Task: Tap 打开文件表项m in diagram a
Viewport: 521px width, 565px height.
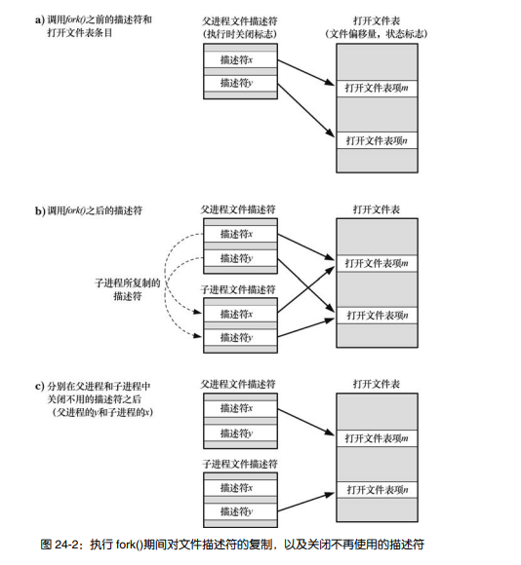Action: tap(376, 88)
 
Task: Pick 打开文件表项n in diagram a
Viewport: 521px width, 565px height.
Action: tap(376, 141)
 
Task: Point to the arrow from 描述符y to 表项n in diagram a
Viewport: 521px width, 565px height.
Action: tap(307, 114)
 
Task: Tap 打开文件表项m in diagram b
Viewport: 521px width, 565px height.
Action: tap(376, 263)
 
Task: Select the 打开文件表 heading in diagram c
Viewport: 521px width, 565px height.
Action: tap(376, 384)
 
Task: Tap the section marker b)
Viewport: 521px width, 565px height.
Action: tap(40, 210)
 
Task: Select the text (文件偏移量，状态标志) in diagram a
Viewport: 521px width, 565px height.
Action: tap(376, 34)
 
